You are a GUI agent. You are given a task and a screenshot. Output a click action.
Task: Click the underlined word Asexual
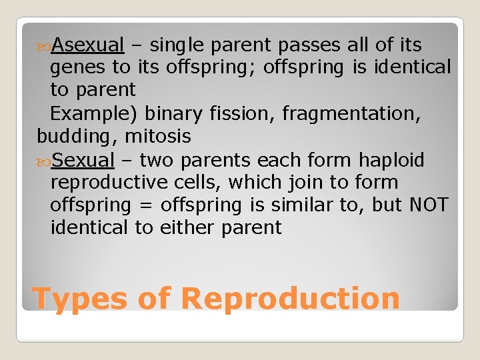click(x=88, y=45)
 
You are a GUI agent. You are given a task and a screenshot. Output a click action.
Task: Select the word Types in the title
click(x=79, y=298)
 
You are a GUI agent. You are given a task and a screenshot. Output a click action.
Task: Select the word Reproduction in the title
click(x=290, y=298)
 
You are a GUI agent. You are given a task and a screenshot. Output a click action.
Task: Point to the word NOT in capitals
click(x=429, y=205)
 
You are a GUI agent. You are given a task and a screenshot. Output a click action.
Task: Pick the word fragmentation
click(x=351, y=113)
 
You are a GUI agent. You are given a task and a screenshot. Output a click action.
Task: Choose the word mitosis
click(x=157, y=137)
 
